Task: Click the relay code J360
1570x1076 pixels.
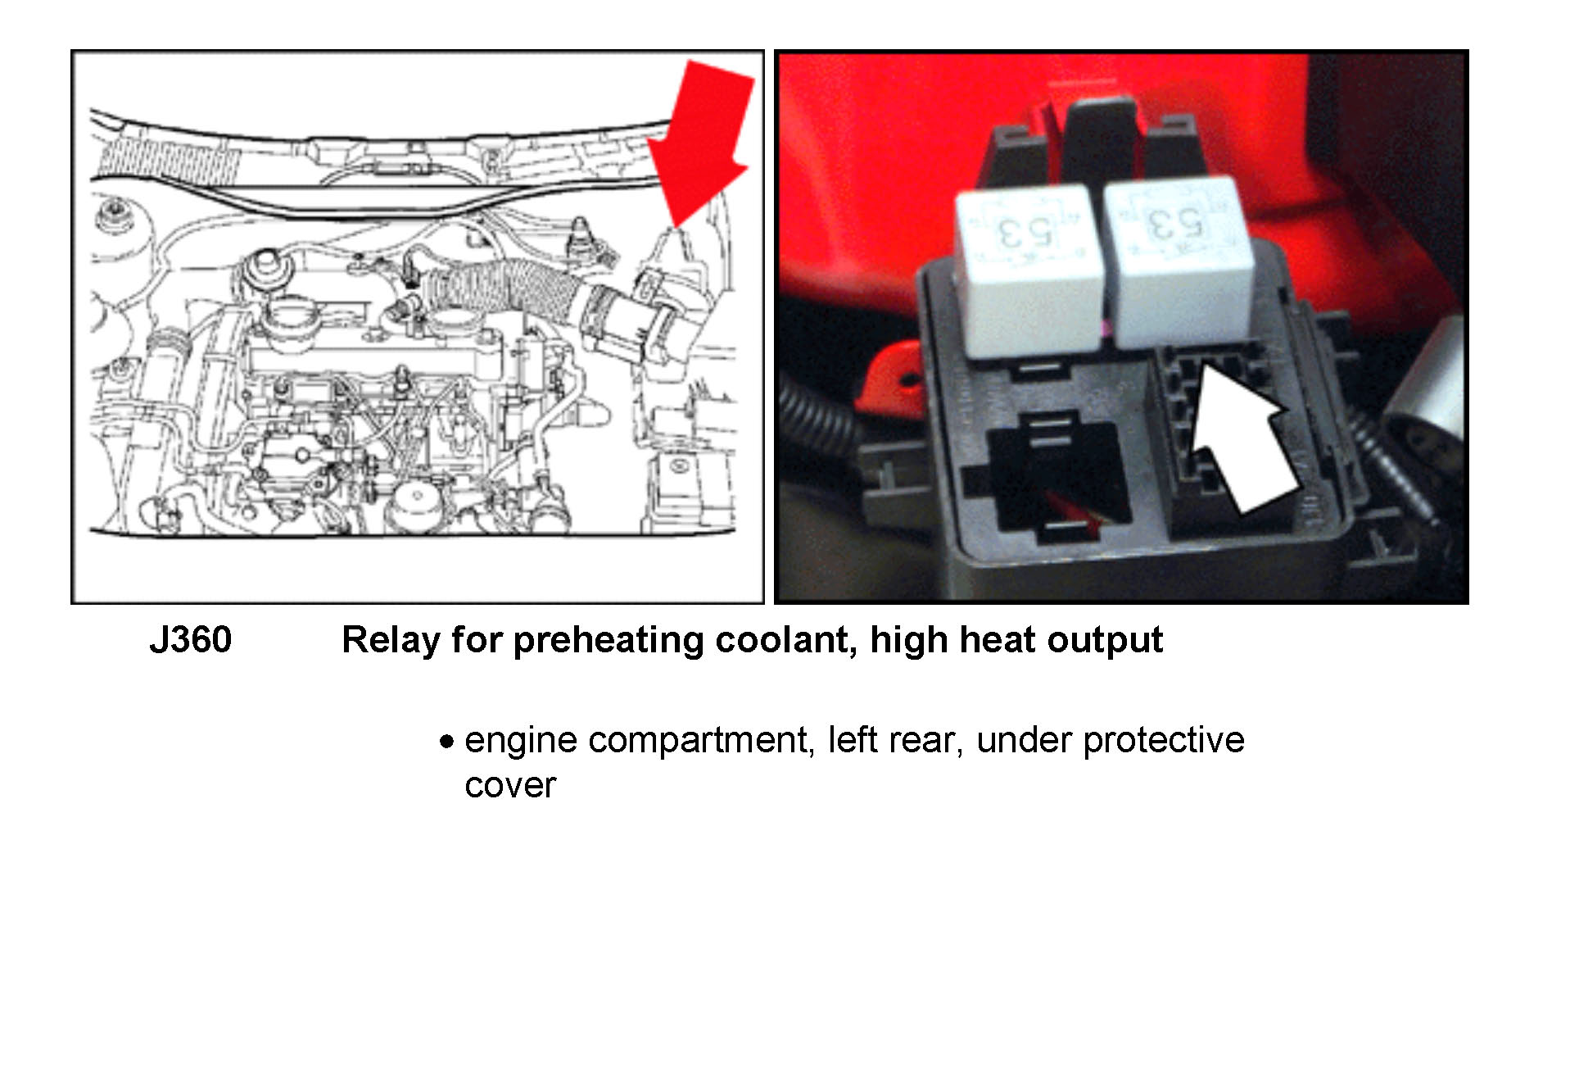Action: (190, 640)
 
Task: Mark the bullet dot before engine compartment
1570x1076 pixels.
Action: (446, 742)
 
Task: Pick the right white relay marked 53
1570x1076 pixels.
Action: (1179, 262)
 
